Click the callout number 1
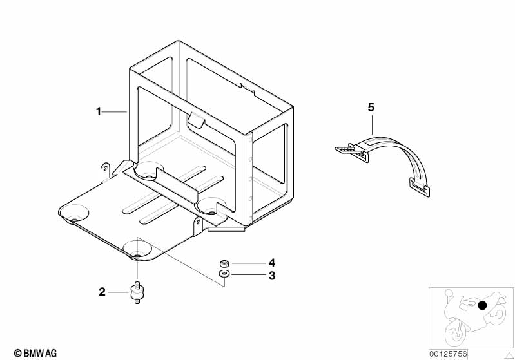point(99,112)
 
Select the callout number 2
point(102,292)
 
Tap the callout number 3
point(272,276)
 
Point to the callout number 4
point(272,263)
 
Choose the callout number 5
point(371,108)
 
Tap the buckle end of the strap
point(348,151)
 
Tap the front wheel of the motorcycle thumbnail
point(454,331)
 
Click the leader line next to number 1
point(115,112)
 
